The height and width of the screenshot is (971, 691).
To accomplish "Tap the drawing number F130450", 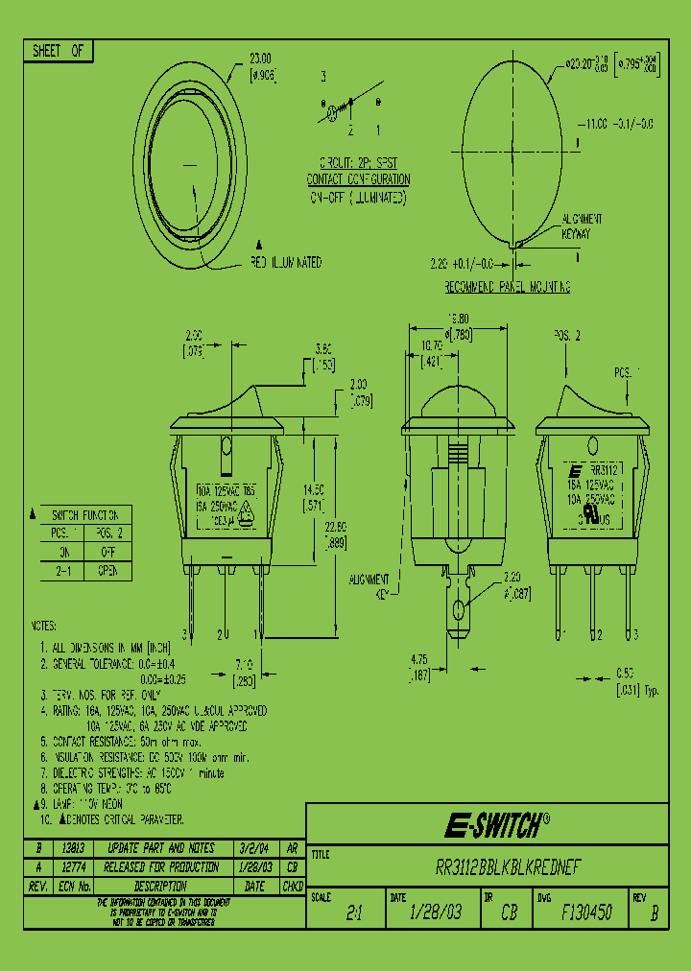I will pos(586,912).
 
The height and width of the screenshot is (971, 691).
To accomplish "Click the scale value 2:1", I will pos(355,913).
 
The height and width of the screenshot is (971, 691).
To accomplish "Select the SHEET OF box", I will pos(59,52).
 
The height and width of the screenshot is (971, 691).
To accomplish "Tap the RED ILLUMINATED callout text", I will pos(287,263).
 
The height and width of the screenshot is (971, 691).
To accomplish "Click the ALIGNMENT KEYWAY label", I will pos(582,225).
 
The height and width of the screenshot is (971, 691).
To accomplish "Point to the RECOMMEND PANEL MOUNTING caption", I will pos(508,287).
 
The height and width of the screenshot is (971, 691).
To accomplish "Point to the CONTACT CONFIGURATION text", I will pos(358,179).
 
